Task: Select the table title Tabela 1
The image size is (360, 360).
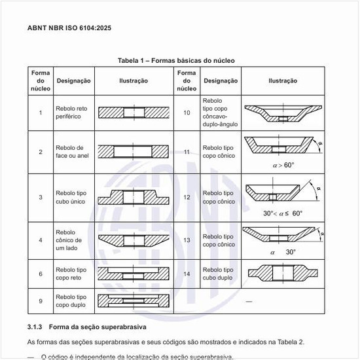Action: [x=176, y=60]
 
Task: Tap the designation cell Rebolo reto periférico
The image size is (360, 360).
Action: [x=71, y=113]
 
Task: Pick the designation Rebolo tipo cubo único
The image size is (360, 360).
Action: [x=71, y=196]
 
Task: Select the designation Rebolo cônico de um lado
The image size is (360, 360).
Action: [x=70, y=240]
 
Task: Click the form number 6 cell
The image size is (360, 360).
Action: [x=41, y=274]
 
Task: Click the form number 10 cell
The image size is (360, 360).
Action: [x=187, y=113]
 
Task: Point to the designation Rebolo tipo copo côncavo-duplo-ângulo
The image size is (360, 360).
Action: [x=220, y=113]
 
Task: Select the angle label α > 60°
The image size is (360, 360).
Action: [x=283, y=165]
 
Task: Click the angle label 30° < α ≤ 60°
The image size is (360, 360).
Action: [x=283, y=213]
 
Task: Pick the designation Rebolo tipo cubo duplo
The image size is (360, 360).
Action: [x=218, y=274]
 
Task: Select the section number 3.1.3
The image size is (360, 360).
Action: [x=35, y=326]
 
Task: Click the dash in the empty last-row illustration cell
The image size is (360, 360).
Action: [x=248, y=301]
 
